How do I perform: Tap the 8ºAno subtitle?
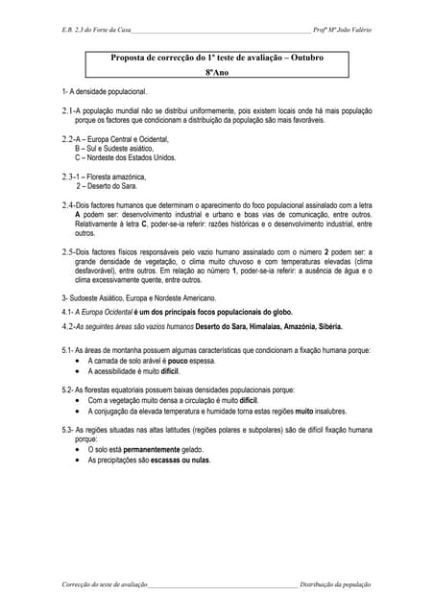(x=216, y=72)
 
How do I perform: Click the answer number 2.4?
(x=67, y=204)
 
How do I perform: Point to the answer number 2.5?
(x=67, y=251)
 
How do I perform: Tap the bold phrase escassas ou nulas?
(x=180, y=460)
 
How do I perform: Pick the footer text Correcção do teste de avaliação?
(x=104, y=584)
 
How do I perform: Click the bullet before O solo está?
(x=78, y=448)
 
